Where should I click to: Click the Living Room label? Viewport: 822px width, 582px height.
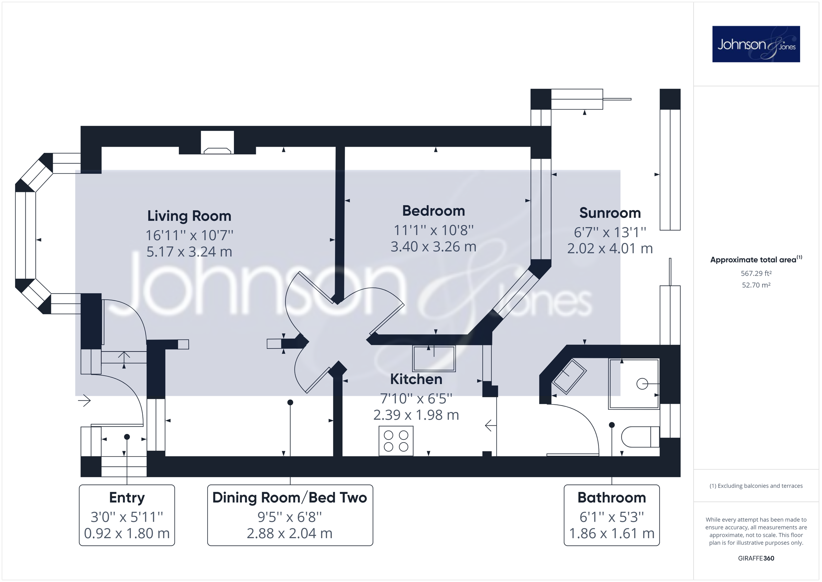[x=189, y=216]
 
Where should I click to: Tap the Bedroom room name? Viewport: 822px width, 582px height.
[x=433, y=211]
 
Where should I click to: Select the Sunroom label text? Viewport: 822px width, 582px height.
[x=610, y=213]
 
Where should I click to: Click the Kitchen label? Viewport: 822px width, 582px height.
[x=416, y=379]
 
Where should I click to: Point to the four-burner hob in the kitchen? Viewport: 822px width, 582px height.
[x=396, y=441]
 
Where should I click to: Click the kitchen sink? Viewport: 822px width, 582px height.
[x=434, y=359]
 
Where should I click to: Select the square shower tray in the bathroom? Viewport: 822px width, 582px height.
[x=634, y=384]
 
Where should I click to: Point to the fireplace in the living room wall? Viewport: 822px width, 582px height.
[x=217, y=143]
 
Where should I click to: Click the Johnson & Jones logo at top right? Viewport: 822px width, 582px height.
[x=756, y=44]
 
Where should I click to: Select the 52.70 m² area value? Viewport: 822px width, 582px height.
[x=756, y=285]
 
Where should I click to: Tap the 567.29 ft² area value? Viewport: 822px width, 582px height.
[x=756, y=274]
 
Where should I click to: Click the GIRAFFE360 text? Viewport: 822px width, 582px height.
[x=756, y=558]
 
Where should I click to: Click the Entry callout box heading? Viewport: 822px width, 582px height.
[x=127, y=498]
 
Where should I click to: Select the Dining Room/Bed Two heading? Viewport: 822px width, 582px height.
[x=290, y=498]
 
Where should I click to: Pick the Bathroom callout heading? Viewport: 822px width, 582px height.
[x=611, y=498]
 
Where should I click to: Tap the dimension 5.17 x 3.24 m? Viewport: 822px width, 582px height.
[x=189, y=252]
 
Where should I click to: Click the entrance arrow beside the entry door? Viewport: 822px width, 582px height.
[x=85, y=400]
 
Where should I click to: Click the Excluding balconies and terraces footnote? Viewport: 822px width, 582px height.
[x=756, y=486]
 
